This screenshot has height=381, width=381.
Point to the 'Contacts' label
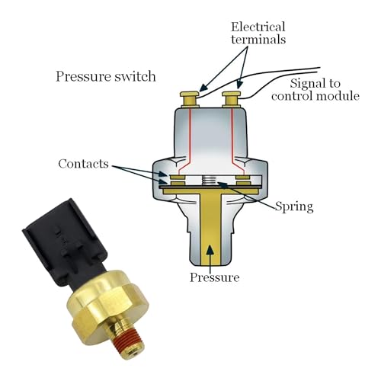pos(83,164)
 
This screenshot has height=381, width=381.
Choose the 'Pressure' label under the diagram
pos(214,277)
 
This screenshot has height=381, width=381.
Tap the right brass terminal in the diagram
pos(231,98)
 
